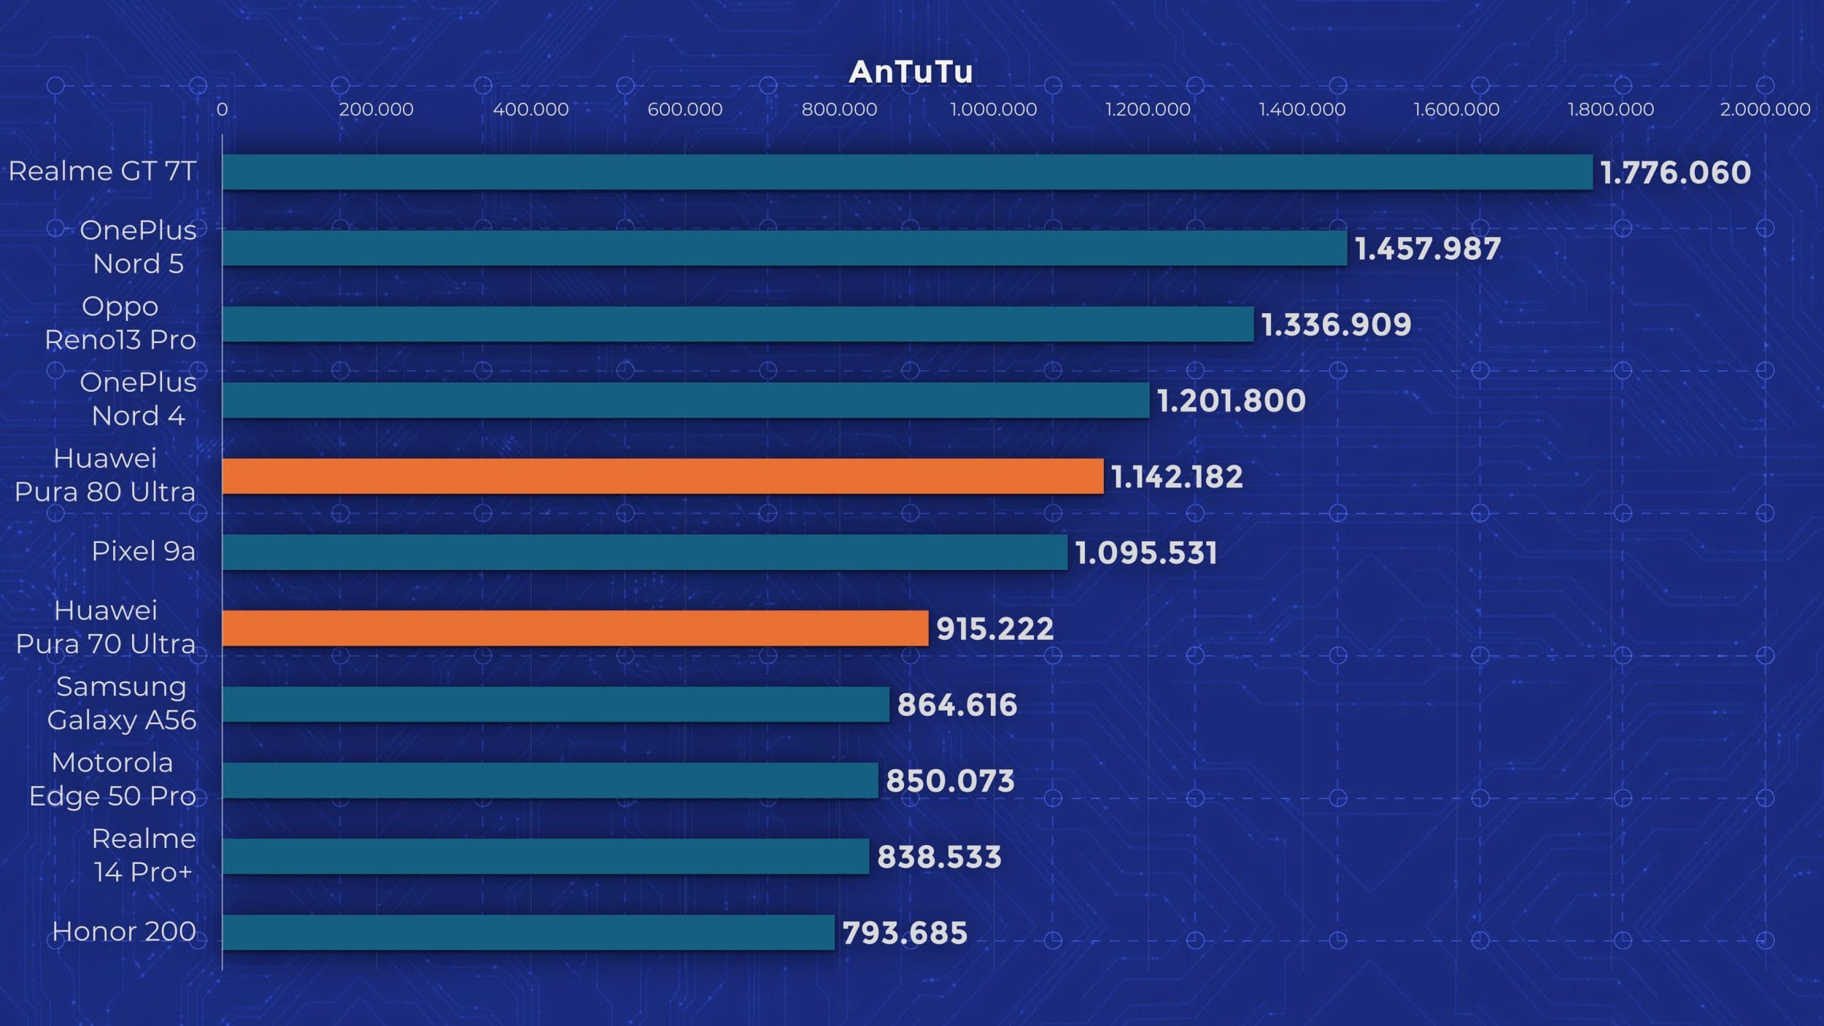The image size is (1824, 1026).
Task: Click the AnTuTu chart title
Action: point(911,72)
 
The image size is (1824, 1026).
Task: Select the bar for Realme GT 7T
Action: point(907,172)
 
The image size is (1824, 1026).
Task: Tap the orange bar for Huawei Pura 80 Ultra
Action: point(662,477)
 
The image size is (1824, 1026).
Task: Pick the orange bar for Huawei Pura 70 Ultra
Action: point(575,628)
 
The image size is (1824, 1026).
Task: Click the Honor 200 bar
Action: point(528,933)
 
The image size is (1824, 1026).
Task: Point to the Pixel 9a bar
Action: point(644,552)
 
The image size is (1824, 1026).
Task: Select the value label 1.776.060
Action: point(1675,173)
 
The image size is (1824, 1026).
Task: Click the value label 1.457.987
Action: point(1428,249)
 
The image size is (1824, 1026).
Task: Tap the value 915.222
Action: point(994,629)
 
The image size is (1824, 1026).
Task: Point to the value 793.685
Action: point(905,933)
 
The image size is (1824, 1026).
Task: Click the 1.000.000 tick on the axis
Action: point(993,109)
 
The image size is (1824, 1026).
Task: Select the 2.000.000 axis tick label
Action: point(1765,109)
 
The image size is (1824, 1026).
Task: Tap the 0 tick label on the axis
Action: point(222,109)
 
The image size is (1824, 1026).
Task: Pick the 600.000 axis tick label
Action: point(684,109)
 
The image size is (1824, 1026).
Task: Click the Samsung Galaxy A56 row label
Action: point(122,703)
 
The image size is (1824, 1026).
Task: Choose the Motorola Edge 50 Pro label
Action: point(112,779)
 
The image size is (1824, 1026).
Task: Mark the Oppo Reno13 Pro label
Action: point(120,323)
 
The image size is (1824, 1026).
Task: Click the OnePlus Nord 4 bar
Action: point(686,401)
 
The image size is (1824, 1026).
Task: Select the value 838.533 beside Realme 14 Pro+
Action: point(939,857)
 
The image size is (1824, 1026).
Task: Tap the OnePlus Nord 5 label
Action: point(138,247)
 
